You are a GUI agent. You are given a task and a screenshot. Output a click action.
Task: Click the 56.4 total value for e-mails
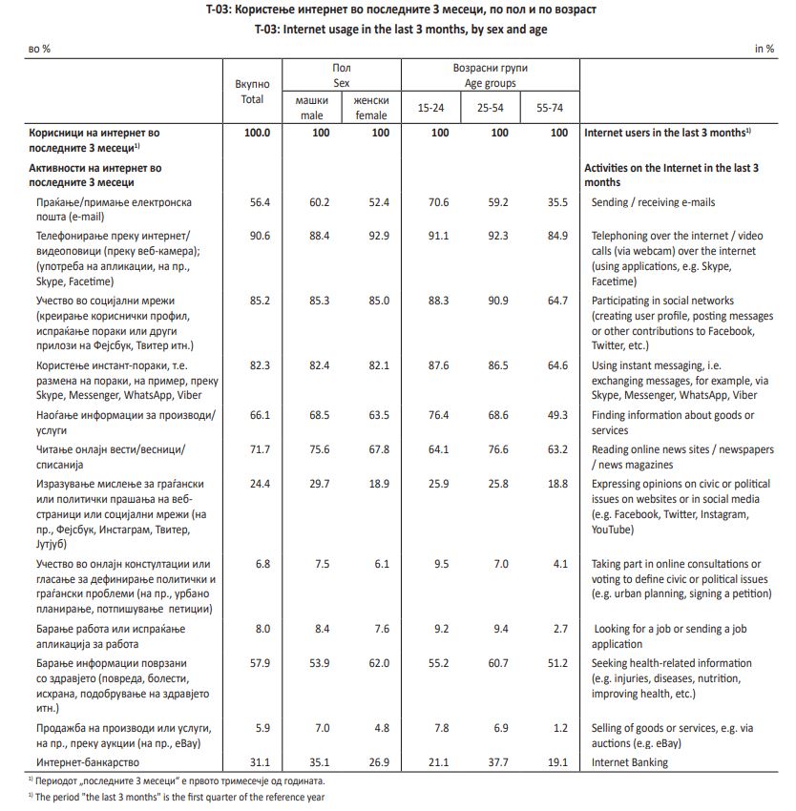point(258,202)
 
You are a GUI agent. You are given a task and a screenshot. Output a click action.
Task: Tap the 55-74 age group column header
point(550,108)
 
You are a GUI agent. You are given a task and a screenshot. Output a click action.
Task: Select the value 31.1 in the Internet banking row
point(258,762)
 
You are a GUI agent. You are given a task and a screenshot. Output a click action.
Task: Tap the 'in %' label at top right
point(765,49)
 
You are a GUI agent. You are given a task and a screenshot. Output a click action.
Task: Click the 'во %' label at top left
point(39,49)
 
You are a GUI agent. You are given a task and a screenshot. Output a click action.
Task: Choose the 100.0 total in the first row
point(257,133)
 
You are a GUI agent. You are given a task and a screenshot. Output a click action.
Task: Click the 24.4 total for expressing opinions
point(258,485)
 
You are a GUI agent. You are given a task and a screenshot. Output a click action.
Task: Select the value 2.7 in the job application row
point(559,630)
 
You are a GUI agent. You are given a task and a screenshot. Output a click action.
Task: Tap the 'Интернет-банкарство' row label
point(88,762)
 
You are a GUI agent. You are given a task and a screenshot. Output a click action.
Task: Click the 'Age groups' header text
point(490,84)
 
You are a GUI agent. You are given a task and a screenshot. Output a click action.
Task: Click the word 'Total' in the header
point(252,99)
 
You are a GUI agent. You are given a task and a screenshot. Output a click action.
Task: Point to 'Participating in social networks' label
point(662,302)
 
